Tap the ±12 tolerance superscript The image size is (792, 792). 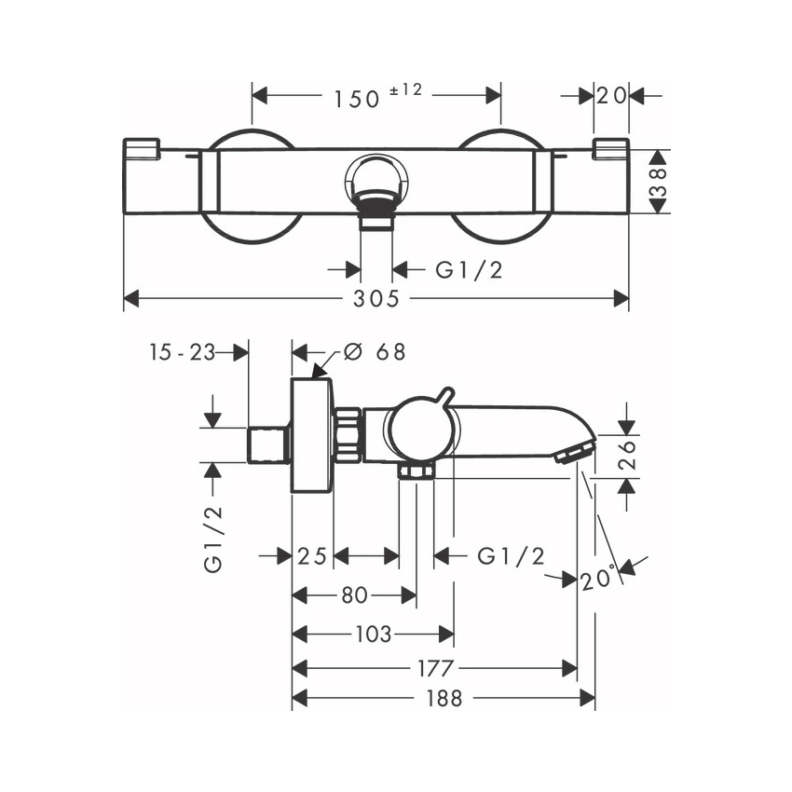405,89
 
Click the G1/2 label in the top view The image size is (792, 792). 470,270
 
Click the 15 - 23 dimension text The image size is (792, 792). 182,351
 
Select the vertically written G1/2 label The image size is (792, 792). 213,539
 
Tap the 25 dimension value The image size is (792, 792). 312,556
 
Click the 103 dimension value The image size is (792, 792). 373,635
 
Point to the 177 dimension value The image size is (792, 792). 434,669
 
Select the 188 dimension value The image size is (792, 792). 444,699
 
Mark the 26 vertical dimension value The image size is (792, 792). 628,456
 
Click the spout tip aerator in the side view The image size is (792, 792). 574,453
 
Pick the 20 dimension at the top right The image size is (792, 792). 612,96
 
